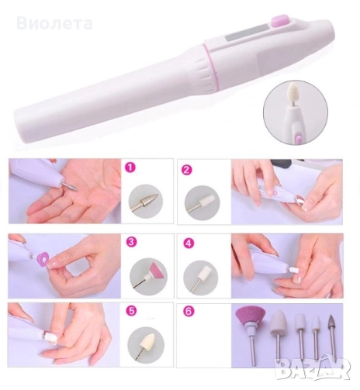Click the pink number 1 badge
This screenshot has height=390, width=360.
130,167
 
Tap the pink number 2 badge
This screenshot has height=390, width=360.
186,170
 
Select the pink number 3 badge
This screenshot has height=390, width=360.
131,241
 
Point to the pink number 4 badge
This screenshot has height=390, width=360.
188,243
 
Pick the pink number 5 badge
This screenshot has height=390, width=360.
132,311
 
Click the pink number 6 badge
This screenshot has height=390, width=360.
189,311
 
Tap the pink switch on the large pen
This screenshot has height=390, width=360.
281,20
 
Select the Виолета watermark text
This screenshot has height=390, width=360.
54,23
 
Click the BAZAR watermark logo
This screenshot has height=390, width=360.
313,371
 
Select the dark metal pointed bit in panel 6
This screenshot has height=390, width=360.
332,325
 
